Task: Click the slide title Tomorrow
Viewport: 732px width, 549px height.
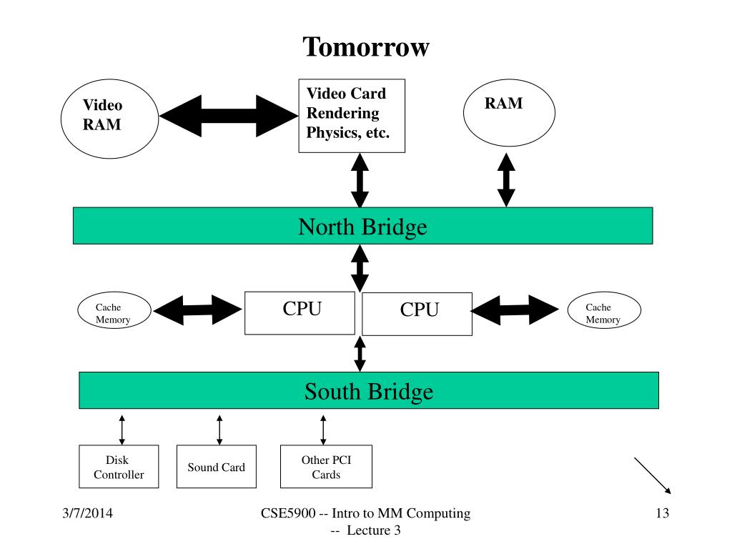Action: [x=366, y=47]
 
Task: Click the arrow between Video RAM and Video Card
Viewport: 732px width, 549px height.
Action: [x=229, y=116]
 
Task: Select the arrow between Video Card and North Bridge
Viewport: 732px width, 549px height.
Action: [x=360, y=180]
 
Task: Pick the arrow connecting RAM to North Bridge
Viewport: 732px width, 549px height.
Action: [x=506, y=179]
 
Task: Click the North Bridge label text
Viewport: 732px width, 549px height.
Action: [x=362, y=227]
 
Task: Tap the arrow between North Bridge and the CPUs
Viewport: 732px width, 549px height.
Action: [x=360, y=269]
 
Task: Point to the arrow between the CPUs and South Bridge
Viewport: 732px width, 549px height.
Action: [x=360, y=354]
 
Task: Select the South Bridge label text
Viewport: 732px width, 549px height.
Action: [x=369, y=392]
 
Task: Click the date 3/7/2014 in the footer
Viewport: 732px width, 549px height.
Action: [x=87, y=513]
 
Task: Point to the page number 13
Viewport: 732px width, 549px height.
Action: [x=663, y=513]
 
